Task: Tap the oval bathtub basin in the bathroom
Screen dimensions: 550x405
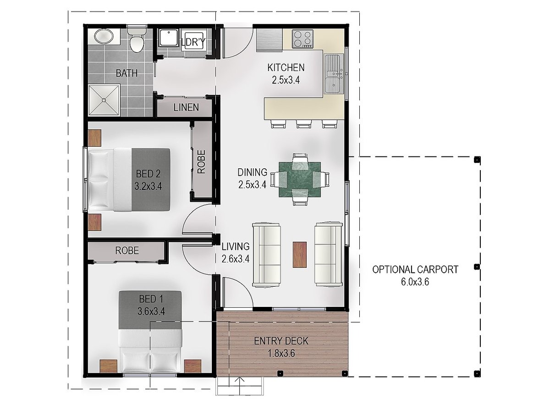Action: pyautogui.click(x=104, y=37)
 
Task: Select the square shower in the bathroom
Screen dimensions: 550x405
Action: pyautogui.click(x=104, y=100)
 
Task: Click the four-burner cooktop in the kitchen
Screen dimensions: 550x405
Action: pyautogui.click(x=302, y=39)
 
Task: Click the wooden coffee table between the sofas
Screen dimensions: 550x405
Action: pyautogui.click(x=300, y=255)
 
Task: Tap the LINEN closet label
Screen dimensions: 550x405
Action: pyautogui.click(x=186, y=108)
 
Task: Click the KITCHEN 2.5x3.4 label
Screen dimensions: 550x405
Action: pyautogui.click(x=286, y=74)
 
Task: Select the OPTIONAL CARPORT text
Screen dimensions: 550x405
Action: pyautogui.click(x=415, y=270)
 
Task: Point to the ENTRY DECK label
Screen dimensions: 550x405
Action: pyautogui.click(x=281, y=341)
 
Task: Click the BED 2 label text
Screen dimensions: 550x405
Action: pyautogui.click(x=148, y=174)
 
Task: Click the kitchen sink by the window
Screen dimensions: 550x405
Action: pyautogui.click(x=333, y=74)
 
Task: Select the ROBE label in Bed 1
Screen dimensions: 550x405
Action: pyautogui.click(x=127, y=251)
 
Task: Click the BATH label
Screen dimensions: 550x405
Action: pyautogui.click(x=126, y=73)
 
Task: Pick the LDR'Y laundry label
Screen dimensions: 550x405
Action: pyautogui.click(x=193, y=42)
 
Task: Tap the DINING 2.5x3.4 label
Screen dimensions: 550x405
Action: pyautogui.click(x=253, y=178)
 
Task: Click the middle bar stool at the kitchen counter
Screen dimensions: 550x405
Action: pyautogui.click(x=304, y=124)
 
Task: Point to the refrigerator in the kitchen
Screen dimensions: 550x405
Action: pyautogui.click(x=269, y=40)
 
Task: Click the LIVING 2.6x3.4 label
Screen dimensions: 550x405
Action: pyautogui.click(x=236, y=252)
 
